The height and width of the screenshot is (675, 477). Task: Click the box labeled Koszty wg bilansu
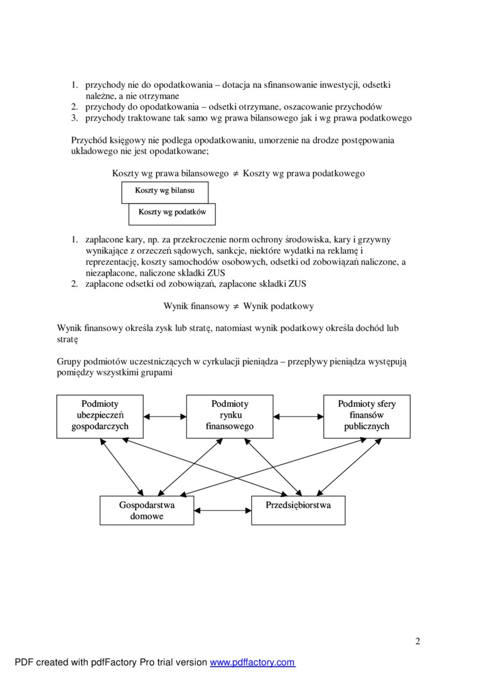[x=164, y=191]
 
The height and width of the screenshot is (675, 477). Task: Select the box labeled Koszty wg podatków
[x=172, y=213]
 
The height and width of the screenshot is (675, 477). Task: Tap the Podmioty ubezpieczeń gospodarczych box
[x=100, y=415]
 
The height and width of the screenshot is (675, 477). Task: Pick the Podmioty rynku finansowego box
[x=230, y=415]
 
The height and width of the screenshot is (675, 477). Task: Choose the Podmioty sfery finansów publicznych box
[x=367, y=415]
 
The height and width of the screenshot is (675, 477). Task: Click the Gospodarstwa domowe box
[x=147, y=510]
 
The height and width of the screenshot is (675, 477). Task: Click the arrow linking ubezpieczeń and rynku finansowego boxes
[x=165, y=415]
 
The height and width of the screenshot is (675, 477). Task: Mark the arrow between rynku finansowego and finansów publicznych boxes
[x=298, y=415]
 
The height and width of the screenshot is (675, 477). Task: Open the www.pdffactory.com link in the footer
[x=252, y=662]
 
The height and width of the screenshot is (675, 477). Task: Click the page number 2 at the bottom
[x=417, y=641]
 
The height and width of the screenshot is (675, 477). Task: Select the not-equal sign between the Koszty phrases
[x=236, y=173]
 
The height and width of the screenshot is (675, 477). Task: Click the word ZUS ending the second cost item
[x=296, y=284]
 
